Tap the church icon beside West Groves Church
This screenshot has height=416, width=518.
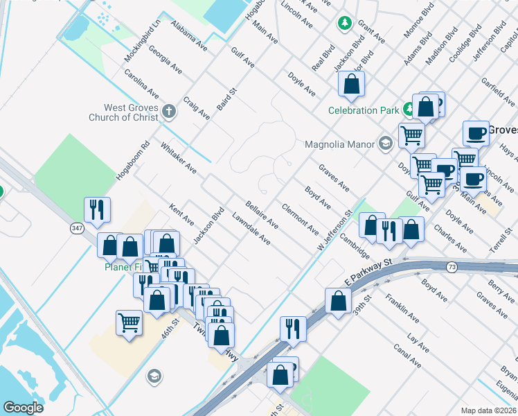coord(169,110)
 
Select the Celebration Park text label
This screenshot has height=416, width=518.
coord(364,110)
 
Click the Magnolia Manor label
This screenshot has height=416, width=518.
coord(339,144)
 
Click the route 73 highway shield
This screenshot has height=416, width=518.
coord(452,266)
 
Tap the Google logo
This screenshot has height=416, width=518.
coord(24,408)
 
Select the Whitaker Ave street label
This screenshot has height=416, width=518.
coord(179,158)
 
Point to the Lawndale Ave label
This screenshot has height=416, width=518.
coord(251,227)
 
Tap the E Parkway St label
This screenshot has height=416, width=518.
coord(368,272)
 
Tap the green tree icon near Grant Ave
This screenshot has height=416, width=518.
coord(344,24)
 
